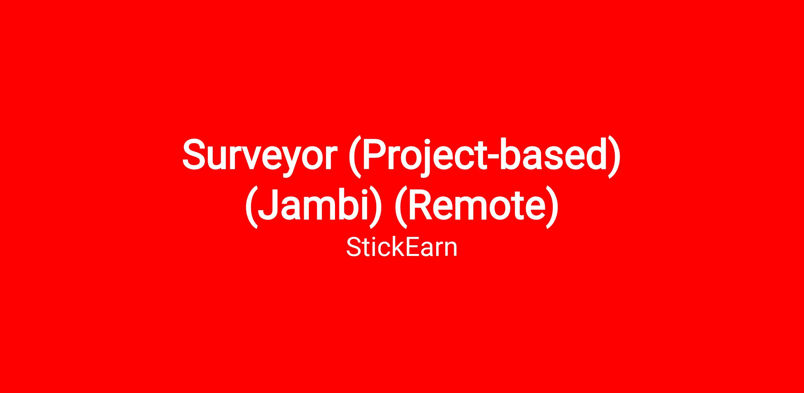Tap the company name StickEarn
pos(402,248)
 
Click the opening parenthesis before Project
pos(355,157)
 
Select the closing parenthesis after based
pos(614,157)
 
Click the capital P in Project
pos(374,154)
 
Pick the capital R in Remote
pos(421,204)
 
